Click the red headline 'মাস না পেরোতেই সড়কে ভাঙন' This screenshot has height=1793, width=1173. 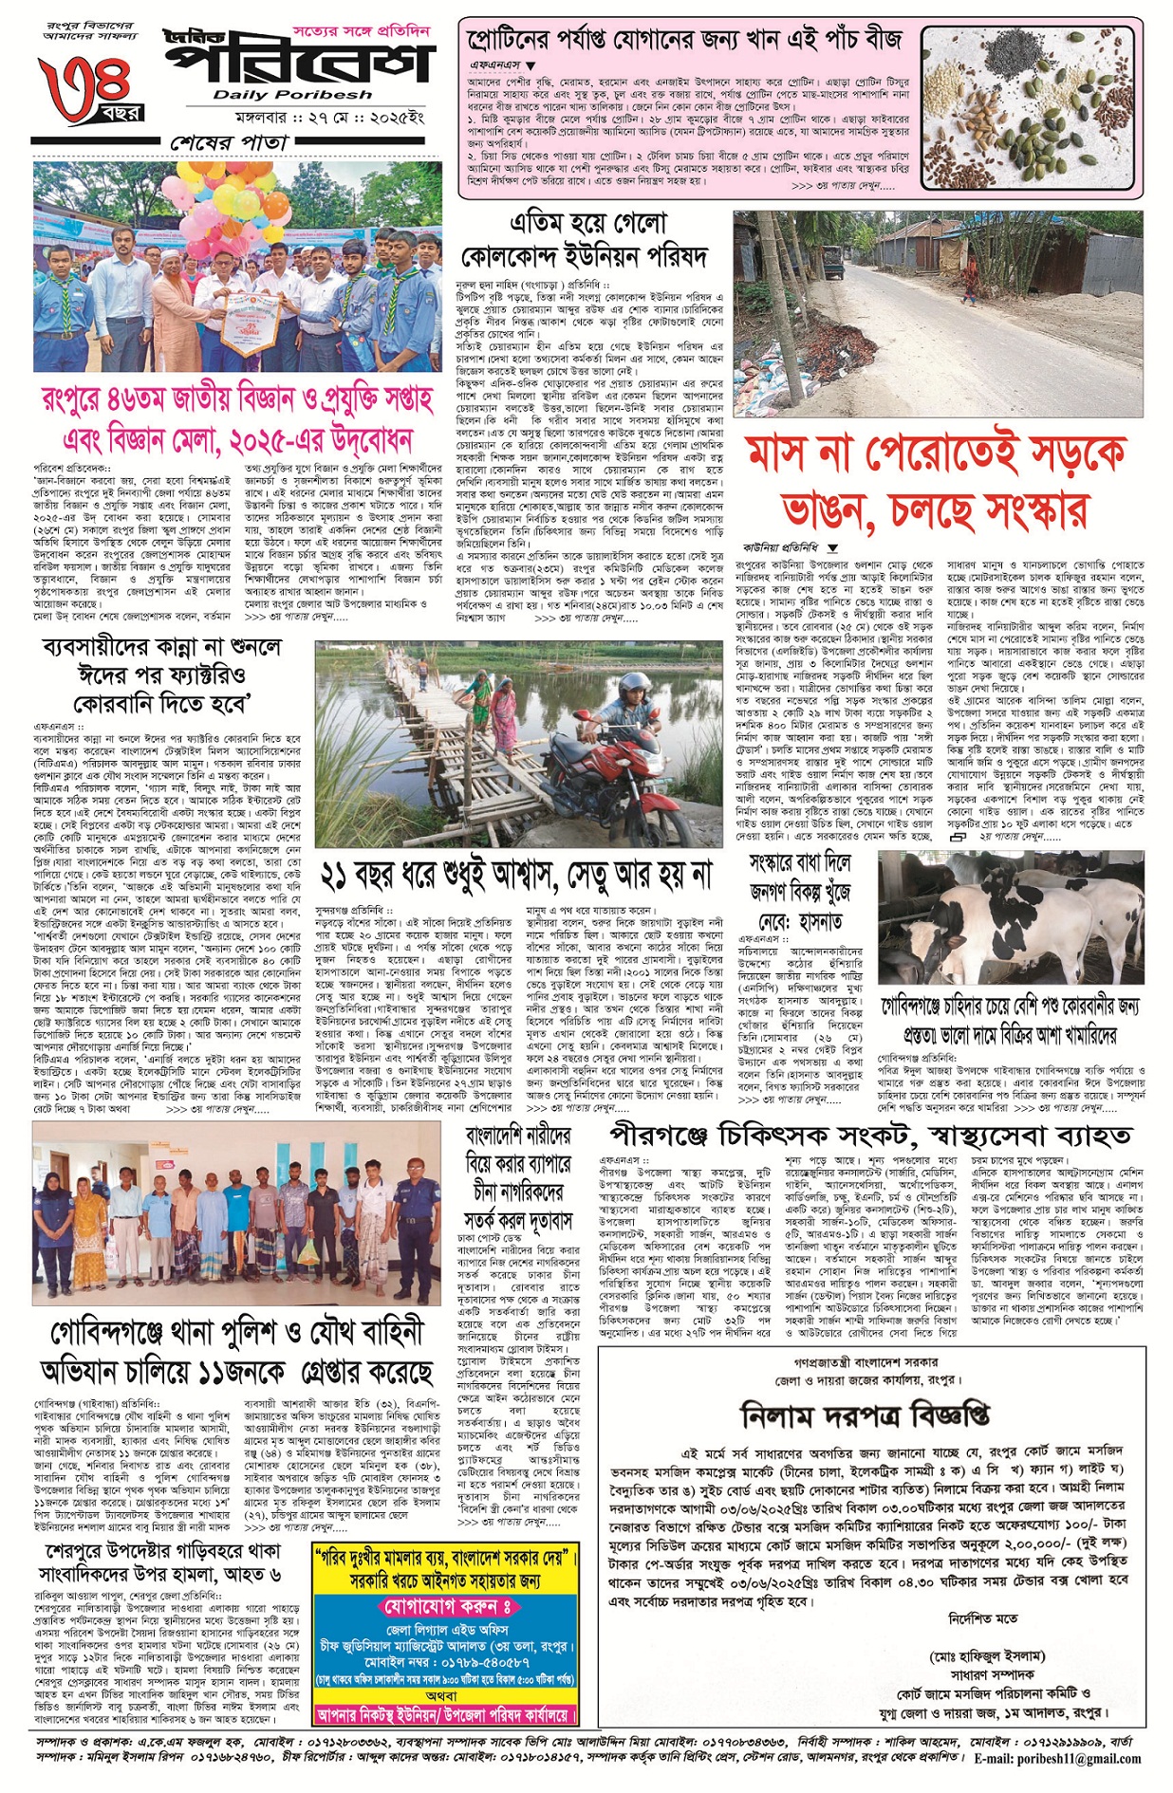[936, 482]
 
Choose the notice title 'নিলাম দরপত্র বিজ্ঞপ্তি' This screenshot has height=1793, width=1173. [864, 1416]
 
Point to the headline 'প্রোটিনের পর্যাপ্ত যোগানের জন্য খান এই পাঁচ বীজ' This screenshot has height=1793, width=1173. [684, 40]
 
